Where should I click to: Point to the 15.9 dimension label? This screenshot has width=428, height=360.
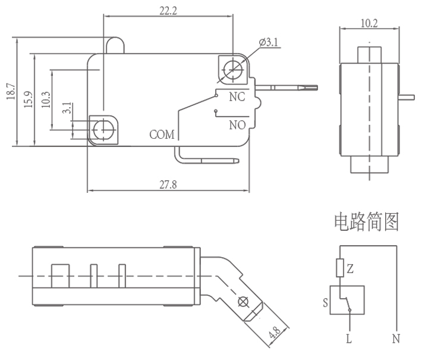pos(28,99)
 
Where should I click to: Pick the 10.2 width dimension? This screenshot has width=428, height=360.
pos(369,23)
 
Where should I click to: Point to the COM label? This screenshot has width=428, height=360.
pos(162,134)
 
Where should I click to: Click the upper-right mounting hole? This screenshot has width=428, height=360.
pos(231,70)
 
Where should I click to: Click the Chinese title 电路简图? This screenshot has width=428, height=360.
pos(364,223)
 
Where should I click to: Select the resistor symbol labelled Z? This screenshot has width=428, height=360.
pos(339,268)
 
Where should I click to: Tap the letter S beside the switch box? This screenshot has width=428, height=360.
pos(325,302)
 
